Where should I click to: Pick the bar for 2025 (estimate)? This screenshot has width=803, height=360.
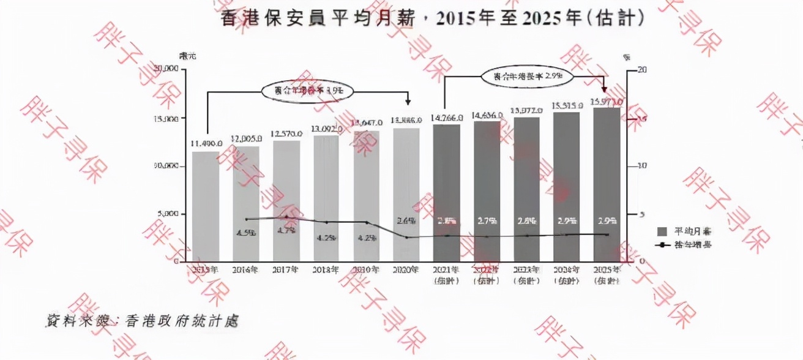click(x=607, y=184)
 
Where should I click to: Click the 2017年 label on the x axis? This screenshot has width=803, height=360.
click(x=286, y=269)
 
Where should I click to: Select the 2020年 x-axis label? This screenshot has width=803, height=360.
click(x=406, y=269)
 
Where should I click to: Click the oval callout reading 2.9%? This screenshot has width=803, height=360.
click(x=526, y=77)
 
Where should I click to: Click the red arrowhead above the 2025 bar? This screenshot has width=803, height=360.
click(x=605, y=89)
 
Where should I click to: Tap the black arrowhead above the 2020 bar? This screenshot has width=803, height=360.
click(x=408, y=103)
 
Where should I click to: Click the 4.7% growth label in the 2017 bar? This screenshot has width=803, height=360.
click(x=286, y=231)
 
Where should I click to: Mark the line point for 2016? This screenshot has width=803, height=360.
click(x=246, y=219)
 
